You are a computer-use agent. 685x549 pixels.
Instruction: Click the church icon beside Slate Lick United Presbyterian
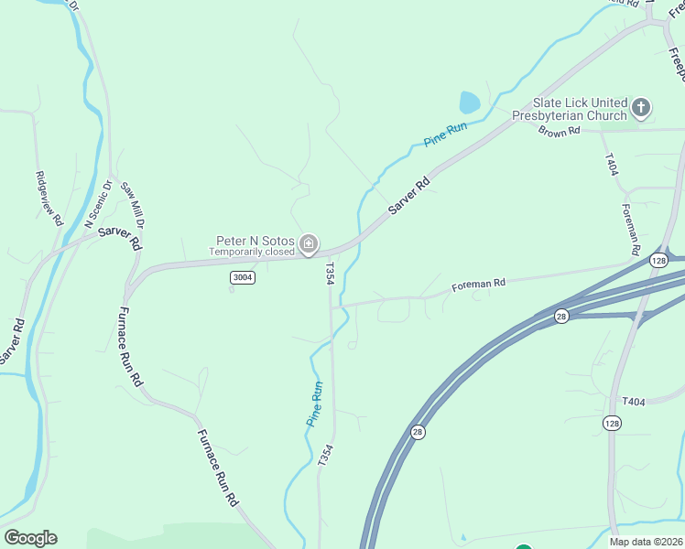[x=641, y=108]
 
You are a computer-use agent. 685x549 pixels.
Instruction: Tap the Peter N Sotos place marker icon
[x=310, y=242]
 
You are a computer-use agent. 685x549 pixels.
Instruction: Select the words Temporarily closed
[x=251, y=252]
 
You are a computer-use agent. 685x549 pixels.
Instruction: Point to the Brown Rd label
[x=560, y=132]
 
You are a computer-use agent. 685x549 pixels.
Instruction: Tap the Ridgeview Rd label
[x=49, y=198]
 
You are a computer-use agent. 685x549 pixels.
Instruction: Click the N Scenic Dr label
[x=97, y=204]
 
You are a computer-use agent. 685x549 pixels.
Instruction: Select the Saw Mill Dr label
[x=133, y=204]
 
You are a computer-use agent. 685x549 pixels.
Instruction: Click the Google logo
[x=30, y=538]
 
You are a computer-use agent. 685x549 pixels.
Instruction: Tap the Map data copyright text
[x=645, y=542]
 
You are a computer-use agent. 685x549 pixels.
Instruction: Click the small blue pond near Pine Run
[x=469, y=101]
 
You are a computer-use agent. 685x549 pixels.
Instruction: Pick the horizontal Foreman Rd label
[x=478, y=285]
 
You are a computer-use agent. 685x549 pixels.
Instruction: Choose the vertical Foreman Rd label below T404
[x=630, y=229]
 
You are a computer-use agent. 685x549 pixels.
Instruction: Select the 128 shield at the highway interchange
[x=658, y=261]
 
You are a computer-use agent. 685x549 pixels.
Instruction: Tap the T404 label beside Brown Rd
[x=611, y=166]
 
